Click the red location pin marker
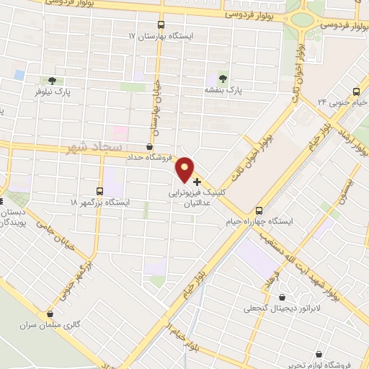pyautogui.click(x=186, y=169)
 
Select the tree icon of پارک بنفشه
pyautogui.click(x=221, y=79)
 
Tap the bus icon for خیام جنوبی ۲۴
pyautogui.click(x=356, y=92)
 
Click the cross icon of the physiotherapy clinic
pyautogui.click(x=197, y=182)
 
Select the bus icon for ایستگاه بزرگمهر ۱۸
pyautogui.click(x=99, y=191)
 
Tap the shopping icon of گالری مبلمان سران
pyautogui.click(x=50, y=314)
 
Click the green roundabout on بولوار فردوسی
pyautogui.click(x=303, y=19)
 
